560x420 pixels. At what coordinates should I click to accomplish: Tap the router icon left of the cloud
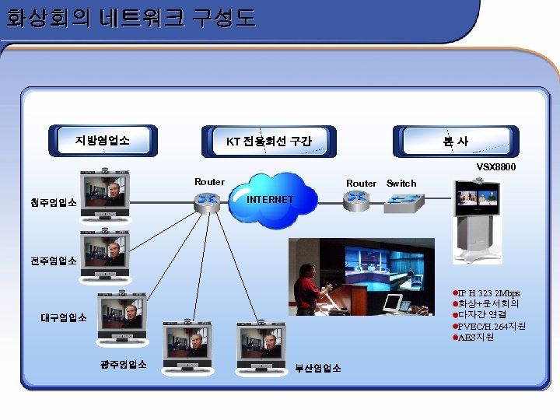208,200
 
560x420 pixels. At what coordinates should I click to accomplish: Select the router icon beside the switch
358,198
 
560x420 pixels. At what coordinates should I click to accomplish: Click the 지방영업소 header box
103,141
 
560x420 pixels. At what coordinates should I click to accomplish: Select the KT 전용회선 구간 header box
268,142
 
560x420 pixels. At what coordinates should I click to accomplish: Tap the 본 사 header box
455,141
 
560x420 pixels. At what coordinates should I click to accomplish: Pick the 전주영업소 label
54,261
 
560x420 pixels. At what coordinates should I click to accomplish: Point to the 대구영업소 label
64,317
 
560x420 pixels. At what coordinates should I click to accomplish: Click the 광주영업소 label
124,364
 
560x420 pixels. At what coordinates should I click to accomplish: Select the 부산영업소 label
317,368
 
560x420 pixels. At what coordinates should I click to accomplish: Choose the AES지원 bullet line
477,338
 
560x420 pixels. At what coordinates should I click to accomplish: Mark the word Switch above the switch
401,184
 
